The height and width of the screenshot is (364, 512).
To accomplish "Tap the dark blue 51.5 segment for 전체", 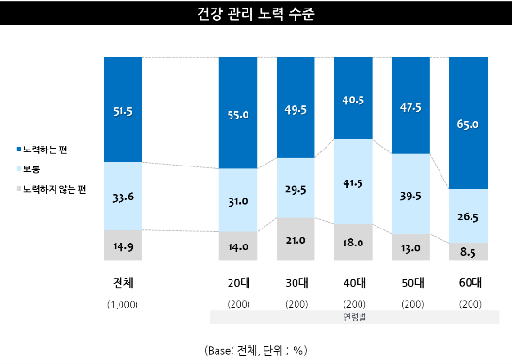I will click(x=123, y=109).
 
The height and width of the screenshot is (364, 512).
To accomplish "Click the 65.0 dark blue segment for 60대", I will click(x=468, y=123).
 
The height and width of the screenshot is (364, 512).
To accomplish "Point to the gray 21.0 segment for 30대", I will click(x=296, y=239).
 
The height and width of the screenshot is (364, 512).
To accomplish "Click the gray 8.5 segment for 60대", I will click(x=468, y=251).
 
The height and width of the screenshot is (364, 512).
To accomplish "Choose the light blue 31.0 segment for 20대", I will click(x=238, y=200).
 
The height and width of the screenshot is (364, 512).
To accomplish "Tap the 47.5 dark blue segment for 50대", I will click(x=410, y=106).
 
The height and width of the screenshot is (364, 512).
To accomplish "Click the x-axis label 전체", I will click(x=123, y=283).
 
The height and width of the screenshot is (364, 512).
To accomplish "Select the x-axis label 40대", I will click(x=353, y=283).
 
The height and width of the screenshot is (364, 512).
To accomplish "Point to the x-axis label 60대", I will click(x=468, y=283).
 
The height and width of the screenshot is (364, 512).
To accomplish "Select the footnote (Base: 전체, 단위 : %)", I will click(x=256, y=350).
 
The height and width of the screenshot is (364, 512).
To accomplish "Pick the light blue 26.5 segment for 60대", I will click(x=468, y=215).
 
